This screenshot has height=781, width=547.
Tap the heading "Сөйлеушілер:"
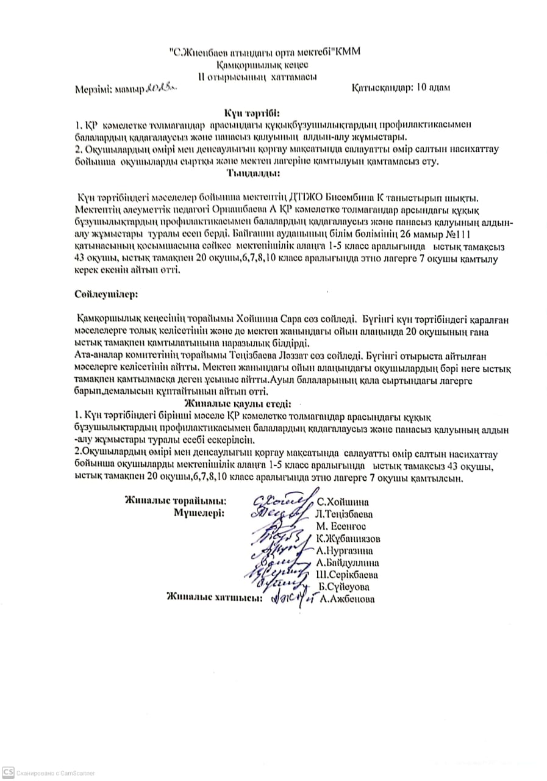[x=107, y=293]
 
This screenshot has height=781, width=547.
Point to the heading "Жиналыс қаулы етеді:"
[x=238, y=403]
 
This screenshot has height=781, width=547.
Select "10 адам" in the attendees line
[x=434, y=87]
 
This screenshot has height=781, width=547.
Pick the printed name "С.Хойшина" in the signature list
[x=343, y=502]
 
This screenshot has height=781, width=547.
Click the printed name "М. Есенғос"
[x=341, y=526]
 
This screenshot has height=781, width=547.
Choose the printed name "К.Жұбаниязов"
[x=349, y=539]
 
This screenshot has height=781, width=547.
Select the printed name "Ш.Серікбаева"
[x=346, y=575]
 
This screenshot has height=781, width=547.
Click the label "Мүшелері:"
[x=199, y=513]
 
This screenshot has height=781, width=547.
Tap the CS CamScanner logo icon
[x=7, y=772]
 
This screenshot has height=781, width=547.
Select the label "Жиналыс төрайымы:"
[x=176, y=501]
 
